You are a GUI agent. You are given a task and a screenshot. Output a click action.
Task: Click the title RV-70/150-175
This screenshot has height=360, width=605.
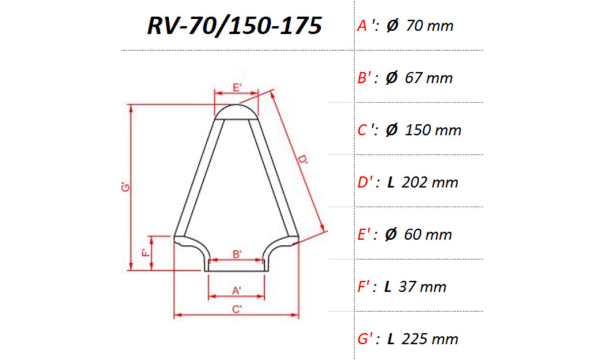click(234, 26)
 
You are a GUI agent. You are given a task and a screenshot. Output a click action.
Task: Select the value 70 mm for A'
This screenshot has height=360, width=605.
click(429, 26)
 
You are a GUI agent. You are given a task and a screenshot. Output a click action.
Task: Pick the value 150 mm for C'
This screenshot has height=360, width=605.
click(433, 130)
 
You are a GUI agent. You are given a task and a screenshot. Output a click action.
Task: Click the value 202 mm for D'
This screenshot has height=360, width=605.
click(430, 183)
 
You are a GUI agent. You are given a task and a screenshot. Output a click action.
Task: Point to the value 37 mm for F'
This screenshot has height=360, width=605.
click(424, 286)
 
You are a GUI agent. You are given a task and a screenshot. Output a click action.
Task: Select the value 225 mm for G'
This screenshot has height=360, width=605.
click(430, 339)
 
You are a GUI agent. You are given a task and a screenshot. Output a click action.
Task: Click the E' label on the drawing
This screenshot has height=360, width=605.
click(237, 88)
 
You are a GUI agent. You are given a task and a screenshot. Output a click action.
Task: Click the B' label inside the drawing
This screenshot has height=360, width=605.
click(237, 253)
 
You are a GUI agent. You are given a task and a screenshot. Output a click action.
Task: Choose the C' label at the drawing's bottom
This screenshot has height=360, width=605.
click(237, 309)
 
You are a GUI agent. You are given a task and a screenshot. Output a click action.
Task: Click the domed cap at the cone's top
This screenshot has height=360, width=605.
click(237, 111)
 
